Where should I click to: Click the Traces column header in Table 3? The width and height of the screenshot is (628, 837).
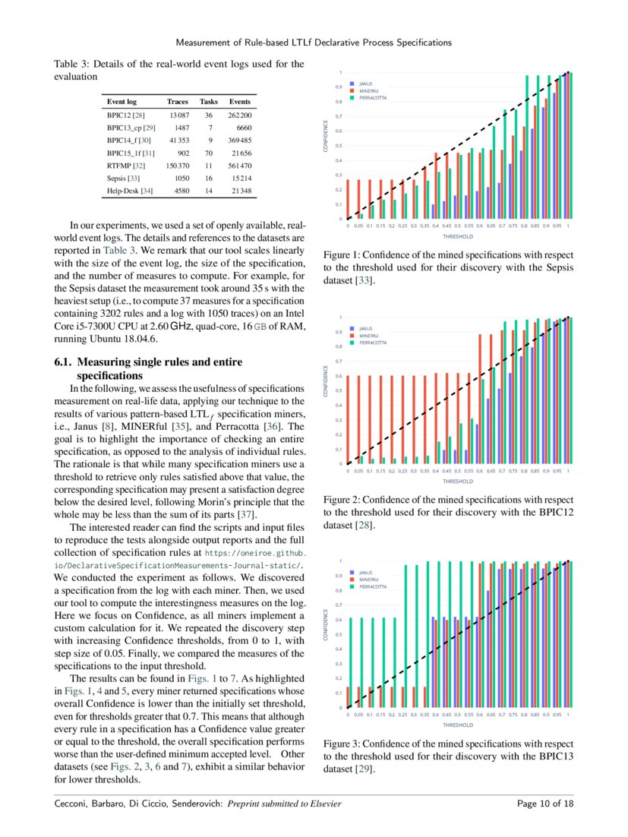(178, 101)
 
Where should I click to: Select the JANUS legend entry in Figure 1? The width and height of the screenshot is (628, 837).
(365, 83)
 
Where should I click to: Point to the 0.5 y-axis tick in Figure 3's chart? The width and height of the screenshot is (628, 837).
(339, 635)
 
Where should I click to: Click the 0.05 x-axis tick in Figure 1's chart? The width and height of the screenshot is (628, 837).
(358, 226)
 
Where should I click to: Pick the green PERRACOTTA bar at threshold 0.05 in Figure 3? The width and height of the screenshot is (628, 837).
(361, 662)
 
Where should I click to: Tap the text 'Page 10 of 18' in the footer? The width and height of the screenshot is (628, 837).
(544, 804)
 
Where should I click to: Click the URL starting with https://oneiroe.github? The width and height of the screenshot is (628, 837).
(255, 554)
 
